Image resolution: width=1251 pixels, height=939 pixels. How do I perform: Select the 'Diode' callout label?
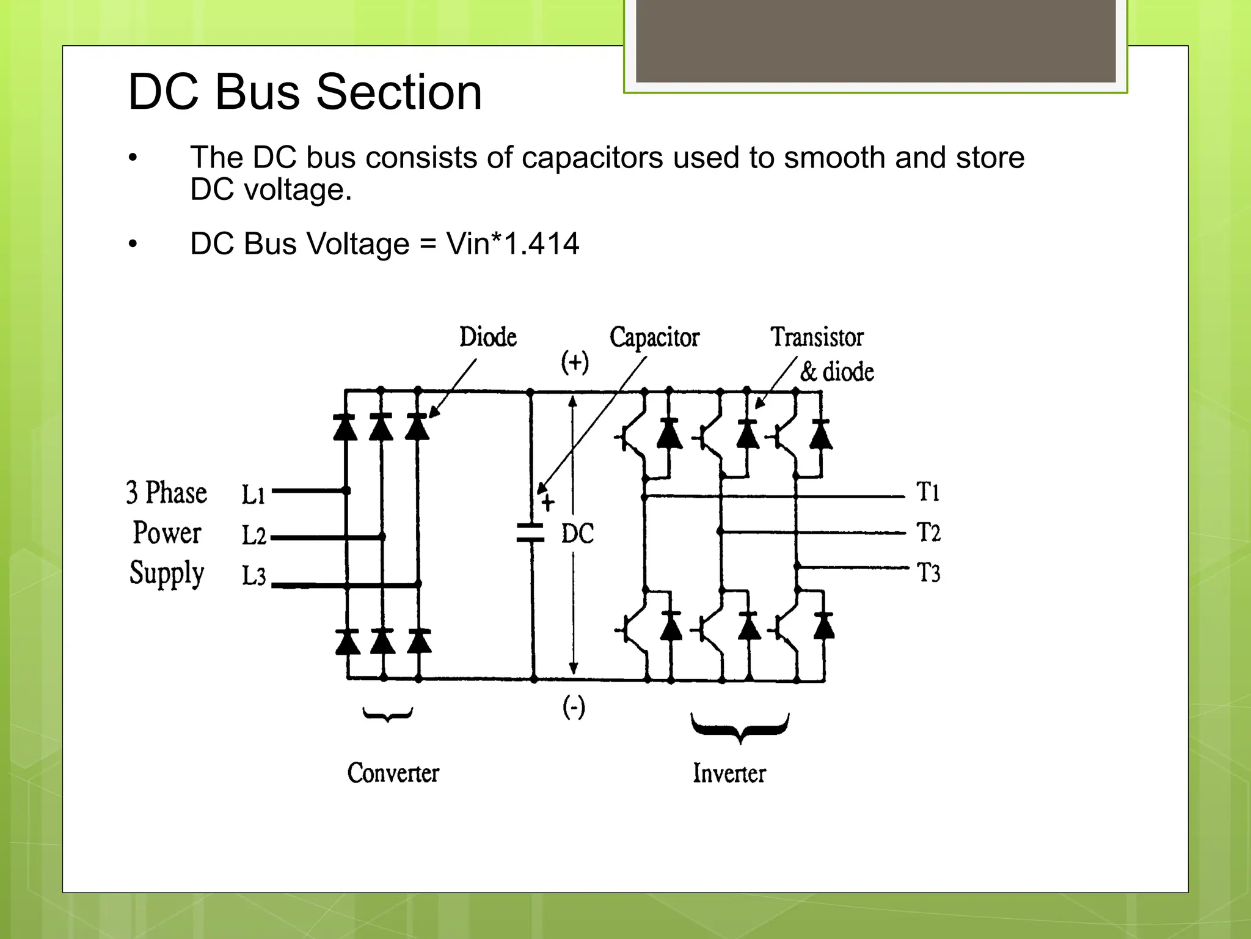tap(487, 337)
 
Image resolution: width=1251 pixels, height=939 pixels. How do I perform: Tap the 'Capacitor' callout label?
tap(654, 337)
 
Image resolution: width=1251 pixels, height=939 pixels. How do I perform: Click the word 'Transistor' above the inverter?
tap(817, 337)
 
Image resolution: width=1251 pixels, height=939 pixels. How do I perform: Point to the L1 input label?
tap(253, 494)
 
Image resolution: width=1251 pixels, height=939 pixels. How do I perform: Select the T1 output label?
tap(928, 492)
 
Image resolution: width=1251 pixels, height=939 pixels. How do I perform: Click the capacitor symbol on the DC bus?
tap(530, 532)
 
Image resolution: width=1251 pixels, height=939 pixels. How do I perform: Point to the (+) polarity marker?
tap(575, 362)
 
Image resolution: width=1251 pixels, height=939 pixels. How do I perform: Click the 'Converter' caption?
tap(393, 773)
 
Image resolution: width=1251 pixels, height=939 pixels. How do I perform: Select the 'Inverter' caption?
tap(729, 773)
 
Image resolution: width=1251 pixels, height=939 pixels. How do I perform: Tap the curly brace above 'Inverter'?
tap(740, 727)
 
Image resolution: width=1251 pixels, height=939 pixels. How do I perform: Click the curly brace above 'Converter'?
tap(387, 714)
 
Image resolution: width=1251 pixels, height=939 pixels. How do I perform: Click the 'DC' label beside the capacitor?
tap(577, 534)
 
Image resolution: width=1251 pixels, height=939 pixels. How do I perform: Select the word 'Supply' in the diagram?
tap(167, 573)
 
